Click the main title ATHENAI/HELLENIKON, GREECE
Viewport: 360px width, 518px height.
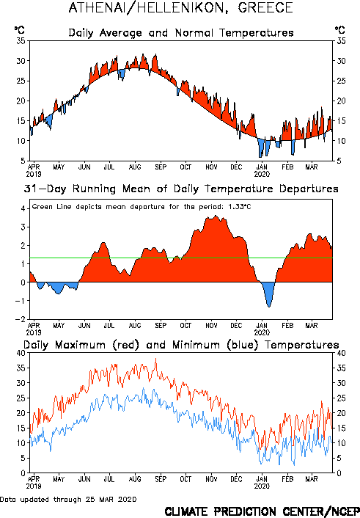[x=180, y=8]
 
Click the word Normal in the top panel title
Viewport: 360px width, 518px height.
[x=195, y=33]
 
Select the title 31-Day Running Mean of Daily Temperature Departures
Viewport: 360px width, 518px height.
[x=181, y=189]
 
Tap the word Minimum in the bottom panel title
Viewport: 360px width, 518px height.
[x=196, y=345]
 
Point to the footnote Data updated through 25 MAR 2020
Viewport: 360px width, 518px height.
[x=68, y=499]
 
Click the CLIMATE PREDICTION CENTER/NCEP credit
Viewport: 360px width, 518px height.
[x=262, y=511]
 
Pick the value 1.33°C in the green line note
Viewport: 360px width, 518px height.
[x=240, y=207]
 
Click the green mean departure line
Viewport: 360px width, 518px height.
[x=181, y=258]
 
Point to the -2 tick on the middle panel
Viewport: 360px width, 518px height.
[x=20, y=319]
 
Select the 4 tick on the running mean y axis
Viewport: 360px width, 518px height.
[x=23, y=208]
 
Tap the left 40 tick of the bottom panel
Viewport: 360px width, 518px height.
[x=21, y=353]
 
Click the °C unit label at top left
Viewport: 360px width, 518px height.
[x=20, y=30]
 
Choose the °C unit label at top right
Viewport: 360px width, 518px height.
[x=340, y=30]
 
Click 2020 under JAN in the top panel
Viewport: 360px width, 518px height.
[x=262, y=174]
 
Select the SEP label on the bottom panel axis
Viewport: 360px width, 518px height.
[x=161, y=479]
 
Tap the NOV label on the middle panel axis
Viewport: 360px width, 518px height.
[x=211, y=326]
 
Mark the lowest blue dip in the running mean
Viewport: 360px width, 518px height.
[x=269, y=307]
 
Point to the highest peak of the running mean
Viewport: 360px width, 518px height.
[x=216, y=216]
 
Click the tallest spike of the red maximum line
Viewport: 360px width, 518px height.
[x=156, y=359]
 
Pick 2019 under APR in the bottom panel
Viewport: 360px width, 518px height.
[x=34, y=486]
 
